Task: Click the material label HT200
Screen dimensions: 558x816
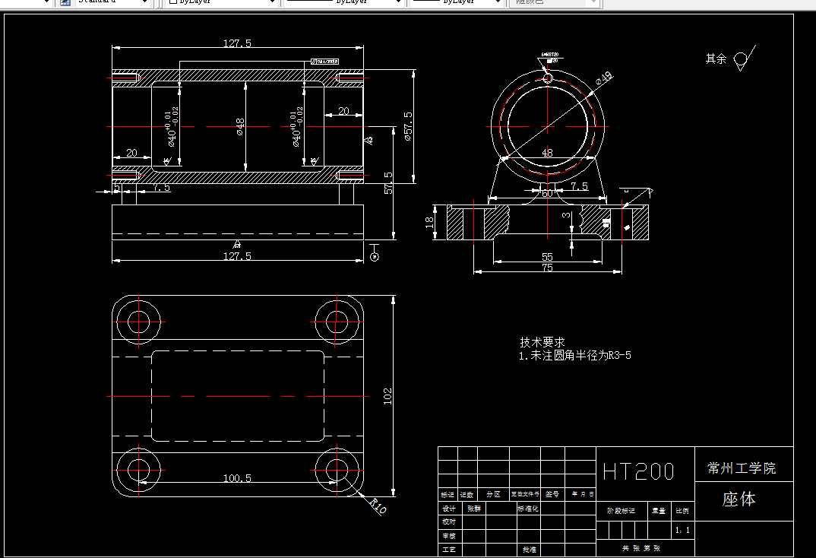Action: (x=638, y=471)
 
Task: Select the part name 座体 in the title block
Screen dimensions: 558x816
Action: (x=739, y=499)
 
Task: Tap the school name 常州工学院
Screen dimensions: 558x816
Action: (x=742, y=468)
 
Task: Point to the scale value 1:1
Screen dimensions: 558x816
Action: (x=682, y=529)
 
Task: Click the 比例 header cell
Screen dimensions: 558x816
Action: (x=682, y=512)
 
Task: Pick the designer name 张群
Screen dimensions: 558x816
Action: (x=474, y=509)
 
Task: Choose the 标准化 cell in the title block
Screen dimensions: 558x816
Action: (x=528, y=509)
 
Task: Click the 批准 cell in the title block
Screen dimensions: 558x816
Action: (x=528, y=549)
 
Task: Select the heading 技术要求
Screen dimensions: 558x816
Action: (x=542, y=343)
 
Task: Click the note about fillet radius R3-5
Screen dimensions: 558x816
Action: (x=574, y=355)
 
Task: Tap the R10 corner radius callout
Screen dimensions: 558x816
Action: (x=378, y=506)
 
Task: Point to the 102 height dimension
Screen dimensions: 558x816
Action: (x=387, y=395)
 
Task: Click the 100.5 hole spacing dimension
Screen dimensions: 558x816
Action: (x=237, y=478)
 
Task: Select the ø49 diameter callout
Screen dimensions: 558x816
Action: (x=603, y=78)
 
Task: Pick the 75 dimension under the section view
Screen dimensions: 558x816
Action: (x=547, y=268)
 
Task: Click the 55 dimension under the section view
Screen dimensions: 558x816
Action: (x=547, y=257)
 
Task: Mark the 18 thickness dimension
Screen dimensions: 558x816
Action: (x=430, y=222)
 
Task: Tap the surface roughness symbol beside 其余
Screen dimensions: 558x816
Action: (x=741, y=60)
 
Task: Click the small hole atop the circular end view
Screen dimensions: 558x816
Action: (x=548, y=76)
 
